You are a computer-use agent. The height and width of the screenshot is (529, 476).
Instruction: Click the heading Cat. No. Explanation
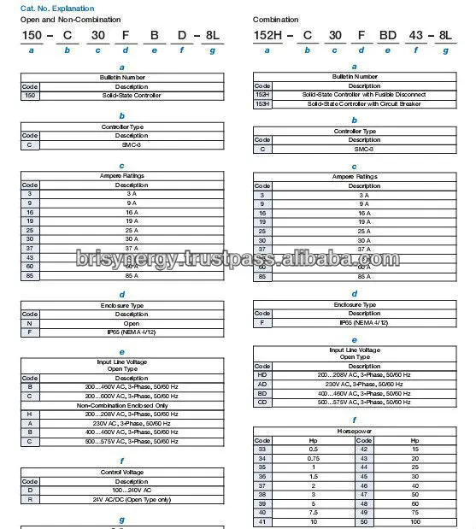53,6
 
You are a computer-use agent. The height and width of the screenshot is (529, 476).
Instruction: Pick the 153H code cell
262,103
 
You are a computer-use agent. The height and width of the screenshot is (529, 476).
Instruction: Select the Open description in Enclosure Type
132,323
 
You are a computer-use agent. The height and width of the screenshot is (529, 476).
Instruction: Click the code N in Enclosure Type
30,323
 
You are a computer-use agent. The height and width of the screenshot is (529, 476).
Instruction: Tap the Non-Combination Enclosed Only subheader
123,404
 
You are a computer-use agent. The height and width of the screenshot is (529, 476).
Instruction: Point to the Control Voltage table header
123,472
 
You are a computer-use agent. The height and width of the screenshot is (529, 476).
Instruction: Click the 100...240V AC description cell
132,491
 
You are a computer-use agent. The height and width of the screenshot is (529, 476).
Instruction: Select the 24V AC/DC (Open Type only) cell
132,499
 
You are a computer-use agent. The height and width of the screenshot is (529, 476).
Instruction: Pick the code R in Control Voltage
30,499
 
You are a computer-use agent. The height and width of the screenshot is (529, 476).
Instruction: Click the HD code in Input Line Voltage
262,375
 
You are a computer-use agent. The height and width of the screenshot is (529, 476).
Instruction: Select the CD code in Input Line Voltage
262,402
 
